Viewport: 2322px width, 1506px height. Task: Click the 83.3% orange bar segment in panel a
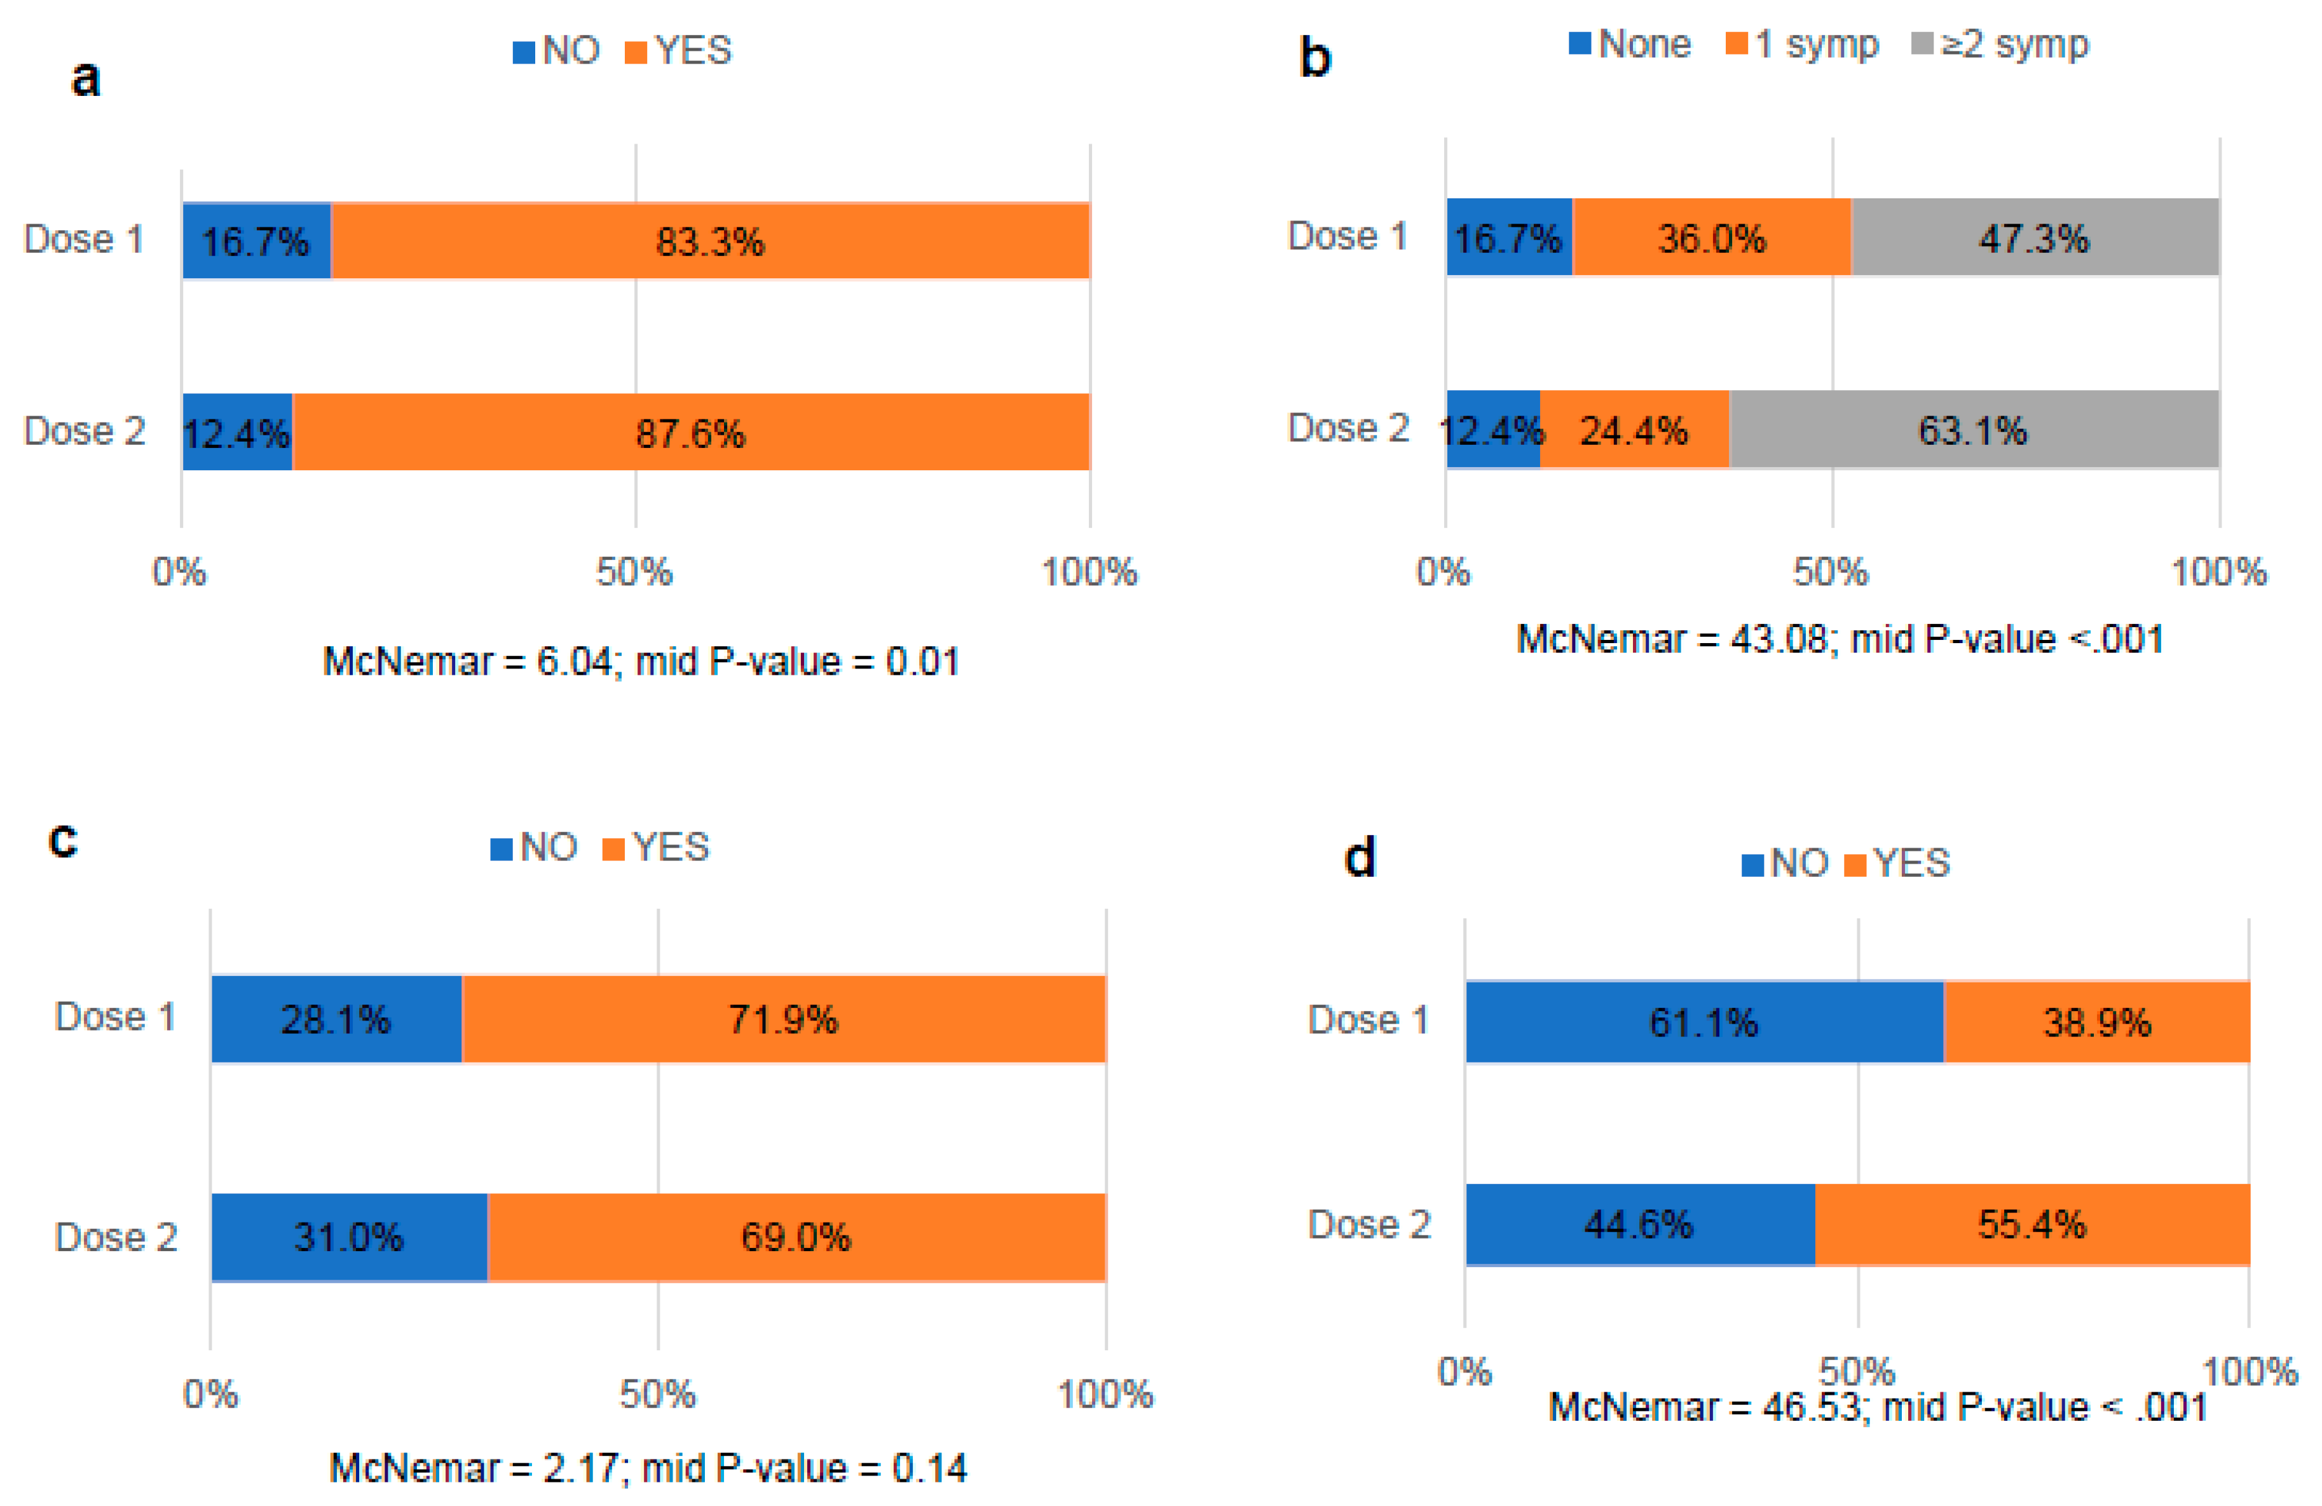point(709,241)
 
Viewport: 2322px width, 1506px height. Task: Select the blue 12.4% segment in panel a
point(237,432)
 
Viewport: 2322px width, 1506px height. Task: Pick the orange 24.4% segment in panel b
point(1634,429)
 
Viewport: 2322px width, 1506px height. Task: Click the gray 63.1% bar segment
point(1973,429)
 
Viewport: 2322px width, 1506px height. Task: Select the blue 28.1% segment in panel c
point(336,1019)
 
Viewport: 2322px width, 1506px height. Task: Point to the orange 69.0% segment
point(795,1237)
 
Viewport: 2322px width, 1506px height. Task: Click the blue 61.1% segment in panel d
point(1704,1022)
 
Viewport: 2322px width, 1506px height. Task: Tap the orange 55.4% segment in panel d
point(2032,1224)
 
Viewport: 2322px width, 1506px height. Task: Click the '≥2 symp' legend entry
point(2000,44)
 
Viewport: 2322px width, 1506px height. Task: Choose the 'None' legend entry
point(1629,44)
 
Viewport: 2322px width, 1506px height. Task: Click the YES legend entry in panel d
point(1897,863)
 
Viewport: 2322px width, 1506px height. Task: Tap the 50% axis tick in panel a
point(634,571)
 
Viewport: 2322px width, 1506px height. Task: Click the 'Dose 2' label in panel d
point(1368,1224)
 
